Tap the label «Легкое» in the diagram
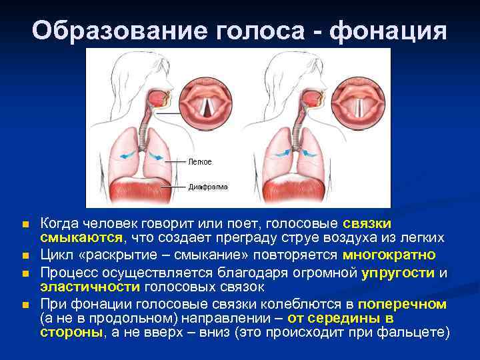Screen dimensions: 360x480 pyautogui.click(x=200, y=162)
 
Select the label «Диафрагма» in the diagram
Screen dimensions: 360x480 pyautogui.click(x=208, y=187)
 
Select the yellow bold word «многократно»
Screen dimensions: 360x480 pyautogui.click(x=389, y=255)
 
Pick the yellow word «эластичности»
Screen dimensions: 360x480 pyautogui.click(x=89, y=287)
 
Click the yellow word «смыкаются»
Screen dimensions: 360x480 pyautogui.click(x=81, y=237)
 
